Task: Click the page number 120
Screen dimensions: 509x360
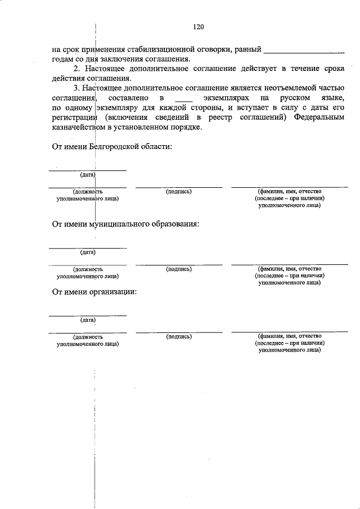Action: (x=197, y=26)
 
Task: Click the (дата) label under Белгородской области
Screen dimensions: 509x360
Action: (x=88, y=175)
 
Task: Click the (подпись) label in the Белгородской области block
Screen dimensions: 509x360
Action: (x=179, y=192)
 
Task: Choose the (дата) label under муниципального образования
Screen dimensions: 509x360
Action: (x=88, y=252)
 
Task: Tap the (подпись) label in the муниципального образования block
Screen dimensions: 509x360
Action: (x=179, y=269)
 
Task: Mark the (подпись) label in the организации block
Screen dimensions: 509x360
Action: (x=179, y=336)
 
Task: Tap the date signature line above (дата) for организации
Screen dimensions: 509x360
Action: (x=88, y=315)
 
